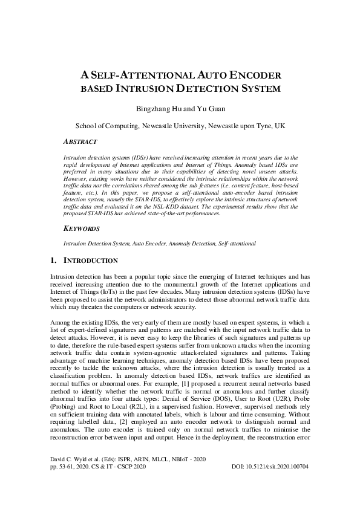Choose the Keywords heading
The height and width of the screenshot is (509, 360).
(83, 230)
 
